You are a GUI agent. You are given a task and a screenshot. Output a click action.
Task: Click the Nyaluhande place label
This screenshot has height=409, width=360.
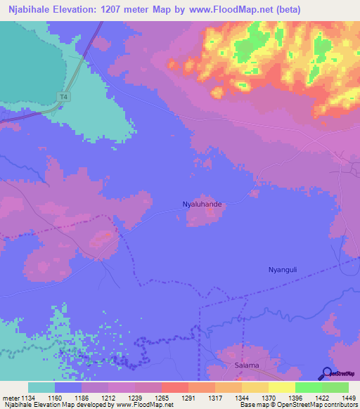202,204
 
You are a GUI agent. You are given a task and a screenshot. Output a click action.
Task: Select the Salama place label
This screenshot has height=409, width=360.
247,365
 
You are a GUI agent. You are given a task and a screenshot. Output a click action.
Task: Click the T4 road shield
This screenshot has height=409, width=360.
65,97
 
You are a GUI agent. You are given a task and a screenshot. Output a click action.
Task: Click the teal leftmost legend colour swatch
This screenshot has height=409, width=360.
41,387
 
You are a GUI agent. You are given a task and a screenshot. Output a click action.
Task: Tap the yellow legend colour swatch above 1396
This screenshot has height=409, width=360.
281,387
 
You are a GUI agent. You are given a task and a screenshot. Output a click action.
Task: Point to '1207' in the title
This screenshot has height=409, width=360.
127,10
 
